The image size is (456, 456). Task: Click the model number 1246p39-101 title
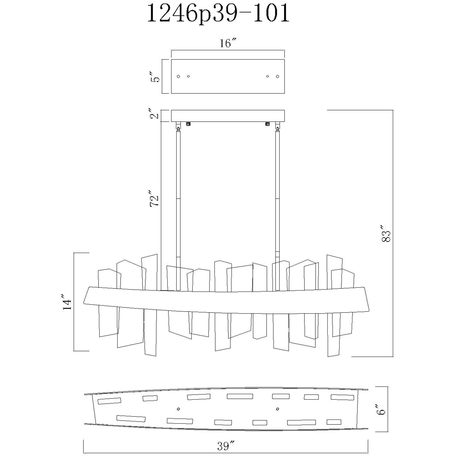click(x=218, y=14)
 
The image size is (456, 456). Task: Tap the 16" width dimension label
click(x=228, y=43)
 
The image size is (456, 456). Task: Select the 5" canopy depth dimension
click(x=155, y=76)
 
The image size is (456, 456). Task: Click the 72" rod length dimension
click(x=155, y=198)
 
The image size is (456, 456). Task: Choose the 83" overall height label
click(x=386, y=234)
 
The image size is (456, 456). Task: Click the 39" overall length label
click(x=226, y=446)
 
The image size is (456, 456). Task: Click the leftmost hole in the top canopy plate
click(x=179, y=76)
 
